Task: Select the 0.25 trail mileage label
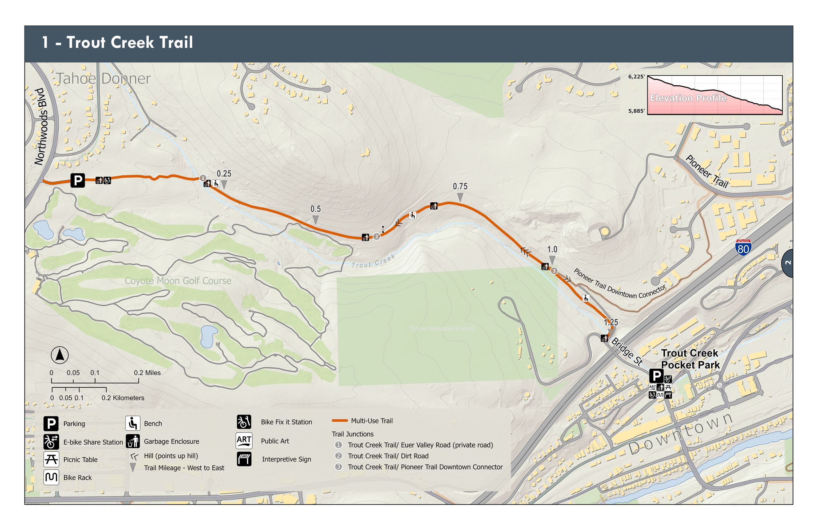tap(224, 174)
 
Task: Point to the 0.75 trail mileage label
tap(459, 186)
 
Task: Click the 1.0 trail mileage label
tap(552, 249)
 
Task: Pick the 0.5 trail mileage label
tap(315, 209)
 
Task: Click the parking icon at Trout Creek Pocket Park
tap(656, 376)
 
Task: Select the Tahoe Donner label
tap(103, 78)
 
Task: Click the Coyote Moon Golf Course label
tap(178, 281)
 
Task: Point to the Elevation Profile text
tap(688, 98)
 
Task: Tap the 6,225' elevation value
tap(636, 77)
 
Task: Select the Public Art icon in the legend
tap(244, 440)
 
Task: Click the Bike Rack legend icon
tap(51, 477)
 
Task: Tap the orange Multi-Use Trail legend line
tap(340, 421)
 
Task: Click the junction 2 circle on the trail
tap(376, 236)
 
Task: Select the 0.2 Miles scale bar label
tap(148, 373)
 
